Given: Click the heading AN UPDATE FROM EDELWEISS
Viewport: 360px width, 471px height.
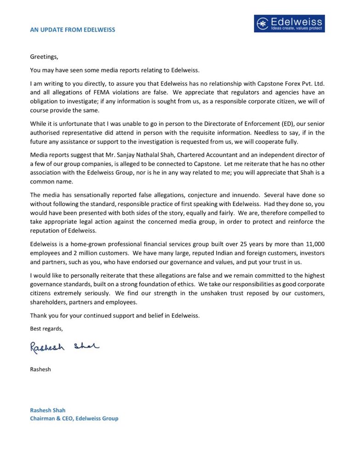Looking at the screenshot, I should click(73, 30).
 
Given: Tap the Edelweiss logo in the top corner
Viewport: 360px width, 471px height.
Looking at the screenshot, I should click(289, 23).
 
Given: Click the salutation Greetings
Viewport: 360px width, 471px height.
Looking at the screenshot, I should click(45, 57).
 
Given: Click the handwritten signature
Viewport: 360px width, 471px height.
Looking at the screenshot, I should click(65, 347).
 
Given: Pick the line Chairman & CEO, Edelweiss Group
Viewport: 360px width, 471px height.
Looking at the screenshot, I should click(74, 419).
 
